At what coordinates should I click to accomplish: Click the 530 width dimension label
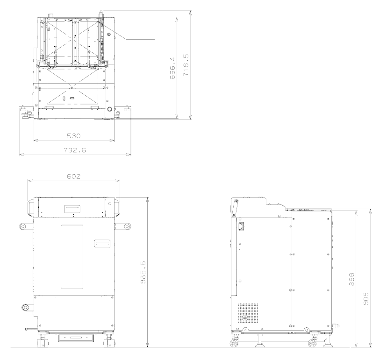[x=74, y=136]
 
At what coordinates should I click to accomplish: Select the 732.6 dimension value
[x=75, y=150]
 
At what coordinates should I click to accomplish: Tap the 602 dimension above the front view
[x=74, y=176]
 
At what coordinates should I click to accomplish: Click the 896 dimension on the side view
[x=351, y=279]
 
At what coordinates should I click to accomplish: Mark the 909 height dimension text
[x=366, y=299]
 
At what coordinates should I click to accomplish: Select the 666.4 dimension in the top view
[x=172, y=68]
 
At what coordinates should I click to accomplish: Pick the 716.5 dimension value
[x=186, y=65]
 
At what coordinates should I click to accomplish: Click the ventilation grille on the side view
[x=248, y=313]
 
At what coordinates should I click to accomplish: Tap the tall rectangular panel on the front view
[x=72, y=256]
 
